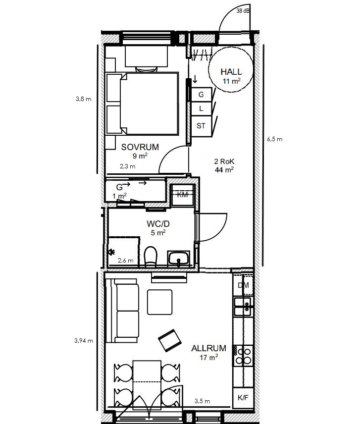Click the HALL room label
231,72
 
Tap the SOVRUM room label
140,147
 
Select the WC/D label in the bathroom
158,223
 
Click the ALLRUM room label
208,348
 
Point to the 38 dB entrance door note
243,11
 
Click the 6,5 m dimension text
275,139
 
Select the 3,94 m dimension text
84,341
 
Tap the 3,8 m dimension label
83,99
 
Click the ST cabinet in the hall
201,126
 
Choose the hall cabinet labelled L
201,108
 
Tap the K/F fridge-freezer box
243,398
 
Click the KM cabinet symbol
182,195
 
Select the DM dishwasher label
243,285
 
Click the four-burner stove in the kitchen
243,356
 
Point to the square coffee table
160,302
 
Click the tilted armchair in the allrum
169,340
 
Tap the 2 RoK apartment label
224,161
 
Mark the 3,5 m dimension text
202,401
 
